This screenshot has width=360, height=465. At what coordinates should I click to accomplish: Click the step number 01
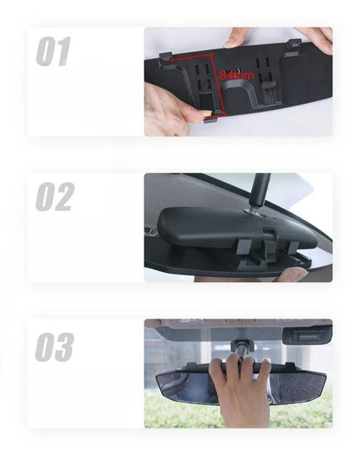[x=53, y=52]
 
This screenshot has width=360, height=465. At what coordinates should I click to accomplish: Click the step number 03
[x=54, y=346]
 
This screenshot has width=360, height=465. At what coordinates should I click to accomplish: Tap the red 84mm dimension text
[x=236, y=75]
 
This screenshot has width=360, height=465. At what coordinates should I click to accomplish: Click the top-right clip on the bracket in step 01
[x=294, y=43]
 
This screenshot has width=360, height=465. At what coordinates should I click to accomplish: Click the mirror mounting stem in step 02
[x=258, y=192]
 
